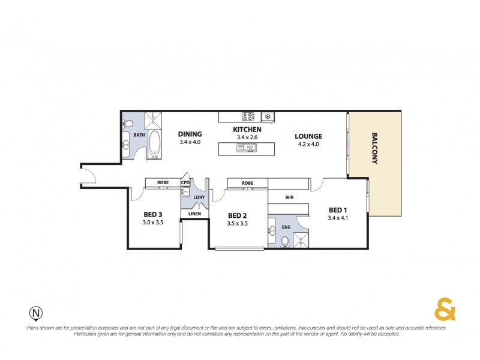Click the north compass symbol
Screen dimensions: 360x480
click(x=36, y=313)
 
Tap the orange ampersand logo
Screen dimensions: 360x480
click(x=444, y=310)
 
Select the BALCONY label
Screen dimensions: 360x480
click(x=374, y=148)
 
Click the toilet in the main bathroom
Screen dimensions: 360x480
click(x=127, y=124)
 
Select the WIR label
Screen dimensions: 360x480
click(x=289, y=196)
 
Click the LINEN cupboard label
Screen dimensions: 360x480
click(x=194, y=214)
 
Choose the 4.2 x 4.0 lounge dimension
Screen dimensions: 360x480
click(x=308, y=144)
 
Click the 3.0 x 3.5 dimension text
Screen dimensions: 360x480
click(x=153, y=223)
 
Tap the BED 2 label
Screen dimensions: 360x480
click(x=238, y=215)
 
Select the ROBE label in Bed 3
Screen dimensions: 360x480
click(x=163, y=182)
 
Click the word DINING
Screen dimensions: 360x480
click(x=190, y=134)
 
